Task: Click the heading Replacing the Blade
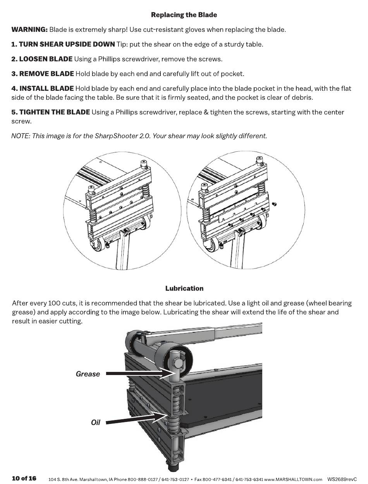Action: coord(184,15)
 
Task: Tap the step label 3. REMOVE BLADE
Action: coord(43,74)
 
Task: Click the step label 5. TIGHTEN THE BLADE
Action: coord(51,112)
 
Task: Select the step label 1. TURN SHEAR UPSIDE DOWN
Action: coord(63,44)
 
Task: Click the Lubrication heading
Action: coord(184,289)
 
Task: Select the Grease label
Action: coord(88,374)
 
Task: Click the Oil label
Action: coord(95,423)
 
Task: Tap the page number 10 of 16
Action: coord(24,478)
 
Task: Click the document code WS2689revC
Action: coord(342,479)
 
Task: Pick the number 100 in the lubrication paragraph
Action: coord(53,303)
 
